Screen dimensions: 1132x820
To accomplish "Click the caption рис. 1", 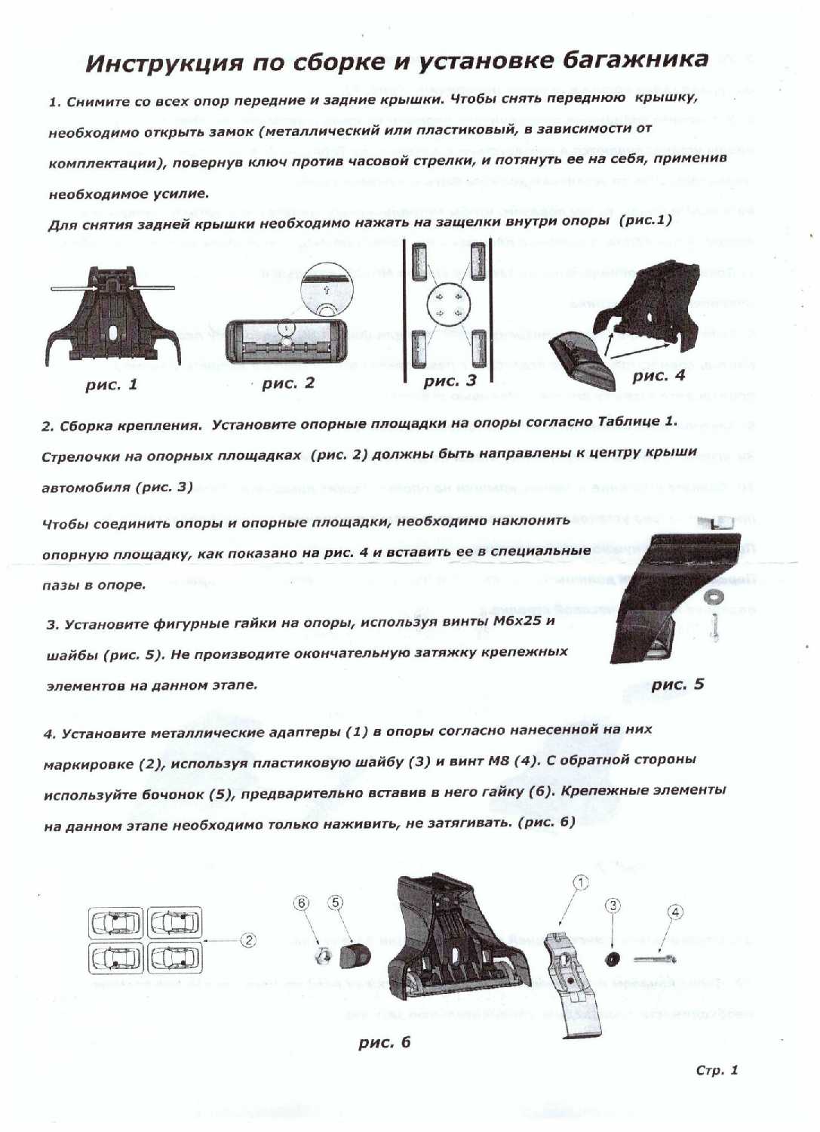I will pos(112,385).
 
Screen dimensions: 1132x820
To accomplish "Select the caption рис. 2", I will pos(288,383).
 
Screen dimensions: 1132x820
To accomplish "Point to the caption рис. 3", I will pos(450,381).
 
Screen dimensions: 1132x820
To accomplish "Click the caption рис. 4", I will pos(659,375).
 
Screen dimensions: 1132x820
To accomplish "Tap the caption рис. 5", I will pos(677,684).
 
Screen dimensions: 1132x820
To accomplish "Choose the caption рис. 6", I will pos(385,1042).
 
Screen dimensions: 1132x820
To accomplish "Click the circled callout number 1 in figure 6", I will pos(580,882).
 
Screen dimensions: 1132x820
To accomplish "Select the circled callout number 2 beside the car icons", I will pos(247,940).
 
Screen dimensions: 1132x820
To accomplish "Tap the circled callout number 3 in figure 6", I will pos(613,906).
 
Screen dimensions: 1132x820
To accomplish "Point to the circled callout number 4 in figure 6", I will pos(675,912).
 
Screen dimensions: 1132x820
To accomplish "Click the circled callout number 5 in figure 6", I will pos(336,903).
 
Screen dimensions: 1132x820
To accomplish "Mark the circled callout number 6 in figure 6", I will pos(302,903).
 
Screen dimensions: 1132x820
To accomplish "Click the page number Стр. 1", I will pos(717,1070).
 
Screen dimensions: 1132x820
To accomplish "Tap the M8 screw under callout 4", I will pos(654,959).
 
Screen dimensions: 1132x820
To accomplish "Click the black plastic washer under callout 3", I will pos(612,959).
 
